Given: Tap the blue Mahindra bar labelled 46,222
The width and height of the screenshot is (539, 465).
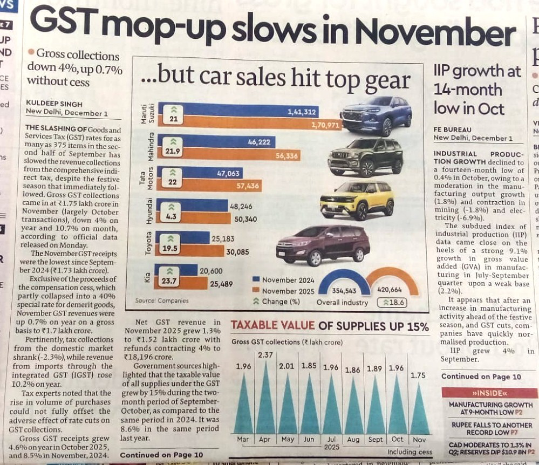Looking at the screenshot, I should tap(216, 142).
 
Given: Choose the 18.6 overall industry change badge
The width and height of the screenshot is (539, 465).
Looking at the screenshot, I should tap(392, 303).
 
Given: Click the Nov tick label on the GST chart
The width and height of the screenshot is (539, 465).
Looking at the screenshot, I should tap(419, 440).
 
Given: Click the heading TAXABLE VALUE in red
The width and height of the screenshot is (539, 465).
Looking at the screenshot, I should tap(272, 326).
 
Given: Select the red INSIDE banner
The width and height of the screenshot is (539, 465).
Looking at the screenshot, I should tap(489, 393).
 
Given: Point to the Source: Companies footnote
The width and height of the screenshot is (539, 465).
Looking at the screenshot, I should tap(162, 300).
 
